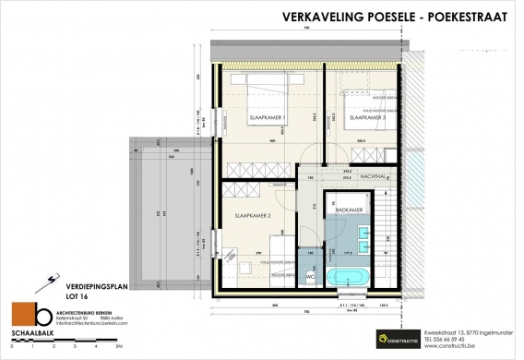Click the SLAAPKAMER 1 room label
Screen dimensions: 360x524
[x=265, y=118]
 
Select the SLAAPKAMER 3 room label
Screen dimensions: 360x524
[x=363, y=118]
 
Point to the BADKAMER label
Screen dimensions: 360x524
[x=347, y=210]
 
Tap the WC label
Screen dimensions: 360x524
[x=310, y=276]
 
